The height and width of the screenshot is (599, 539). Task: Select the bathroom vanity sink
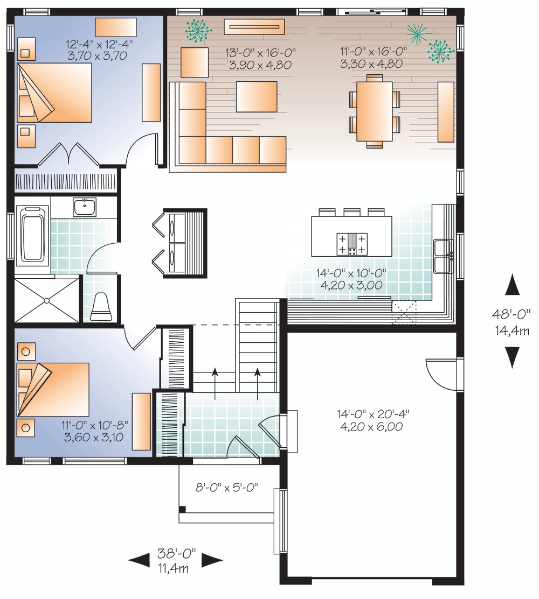(85, 207)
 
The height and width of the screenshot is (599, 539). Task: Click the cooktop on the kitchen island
(352, 243)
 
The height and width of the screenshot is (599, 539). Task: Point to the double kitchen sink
(443, 256)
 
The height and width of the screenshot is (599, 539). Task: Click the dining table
(371, 111)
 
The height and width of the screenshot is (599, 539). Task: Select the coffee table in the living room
(257, 97)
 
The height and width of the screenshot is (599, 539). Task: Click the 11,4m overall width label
(173, 569)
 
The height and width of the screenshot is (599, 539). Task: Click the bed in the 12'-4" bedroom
(54, 93)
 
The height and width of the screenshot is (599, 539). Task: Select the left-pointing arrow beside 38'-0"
(139, 561)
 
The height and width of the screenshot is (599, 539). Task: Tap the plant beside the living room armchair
(197, 30)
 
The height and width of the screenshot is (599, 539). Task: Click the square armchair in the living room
(194, 62)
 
